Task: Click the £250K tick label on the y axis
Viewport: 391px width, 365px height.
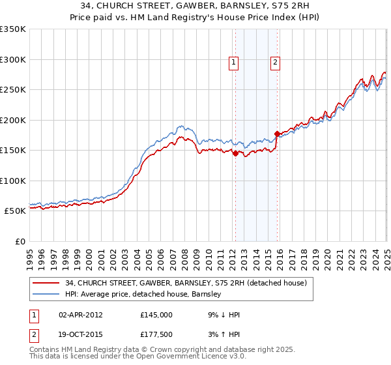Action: pos(12,89)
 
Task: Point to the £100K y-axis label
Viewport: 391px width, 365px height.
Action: pos(12,181)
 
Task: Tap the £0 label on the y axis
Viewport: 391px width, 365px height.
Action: pos(20,241)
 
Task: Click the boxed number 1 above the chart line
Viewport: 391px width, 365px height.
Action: pos(233,63)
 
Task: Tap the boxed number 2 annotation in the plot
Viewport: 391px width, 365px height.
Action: pos(276,63)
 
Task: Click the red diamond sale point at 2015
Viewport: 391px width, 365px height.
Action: pos(277,134)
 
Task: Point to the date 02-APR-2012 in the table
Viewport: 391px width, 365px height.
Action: pos(80,314)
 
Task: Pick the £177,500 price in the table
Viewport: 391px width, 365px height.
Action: pos(156,334)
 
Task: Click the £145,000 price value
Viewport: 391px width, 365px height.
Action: pos(156,314)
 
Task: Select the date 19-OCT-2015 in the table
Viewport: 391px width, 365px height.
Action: pos(81,334)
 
